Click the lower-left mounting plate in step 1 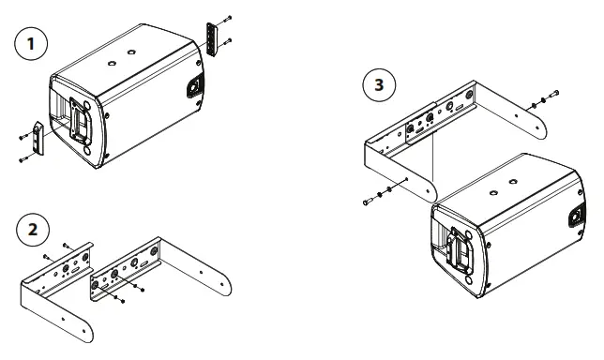(38, 140)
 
